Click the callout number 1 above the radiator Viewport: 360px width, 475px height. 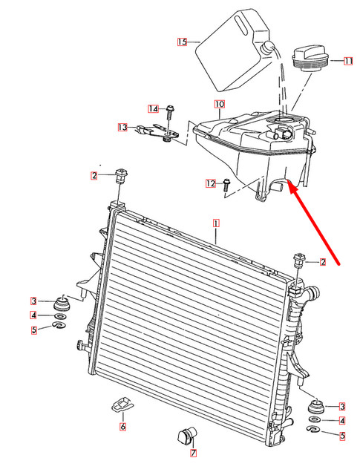(x=216, y=222)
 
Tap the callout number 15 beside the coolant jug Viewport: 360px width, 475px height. (x=183, y=42)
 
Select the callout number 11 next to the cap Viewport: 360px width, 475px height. (x=347, y=60)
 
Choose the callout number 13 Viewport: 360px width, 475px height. (x=122, y=128)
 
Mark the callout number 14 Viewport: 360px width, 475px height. (x=153, y=108)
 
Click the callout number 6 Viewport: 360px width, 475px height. (x=122, y=427)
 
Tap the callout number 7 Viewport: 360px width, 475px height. (x=192, y=453)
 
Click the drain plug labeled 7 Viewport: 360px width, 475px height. (x=186, y=433)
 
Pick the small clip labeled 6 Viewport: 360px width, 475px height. (x=121, y=405)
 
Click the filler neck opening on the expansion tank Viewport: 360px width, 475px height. (x=281, y=120)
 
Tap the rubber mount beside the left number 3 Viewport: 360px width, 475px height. (x=63, y=304)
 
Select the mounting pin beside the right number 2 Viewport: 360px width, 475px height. (x=301, y=260)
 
